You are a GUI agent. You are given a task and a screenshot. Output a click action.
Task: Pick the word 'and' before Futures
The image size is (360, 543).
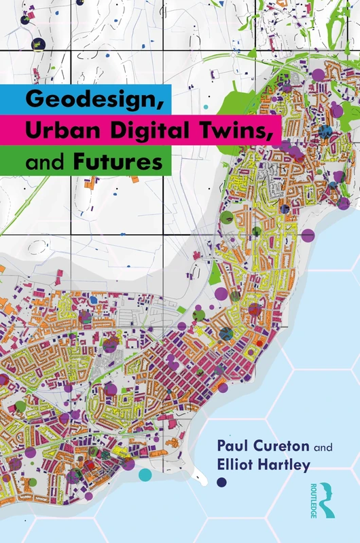click(42, 163)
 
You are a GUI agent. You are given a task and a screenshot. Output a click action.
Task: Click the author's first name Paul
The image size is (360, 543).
click(231, 449)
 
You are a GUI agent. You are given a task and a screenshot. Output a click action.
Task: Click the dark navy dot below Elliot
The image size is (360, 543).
click(221, 483)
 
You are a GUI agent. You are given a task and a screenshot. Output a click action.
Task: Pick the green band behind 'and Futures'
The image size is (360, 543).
click(14, 162)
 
